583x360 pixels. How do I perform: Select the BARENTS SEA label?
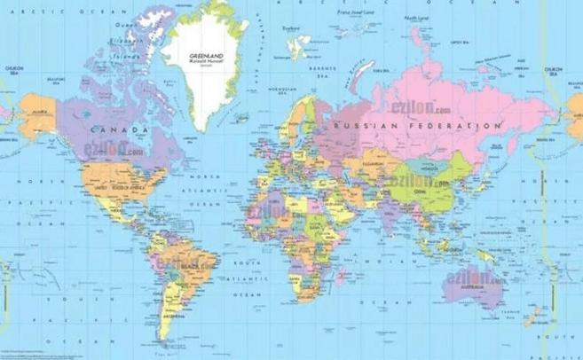pos(317,67)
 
